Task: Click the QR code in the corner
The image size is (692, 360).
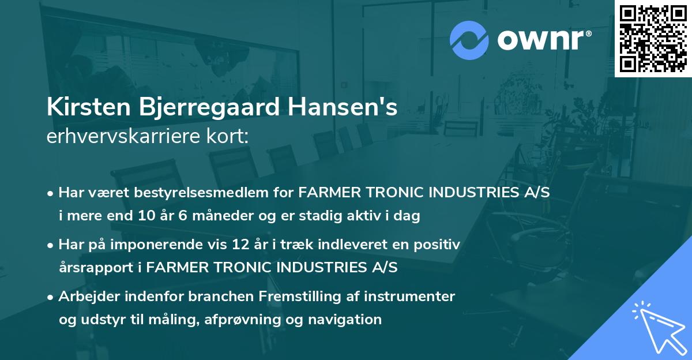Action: pyautogui.click(x=653, y=38)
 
